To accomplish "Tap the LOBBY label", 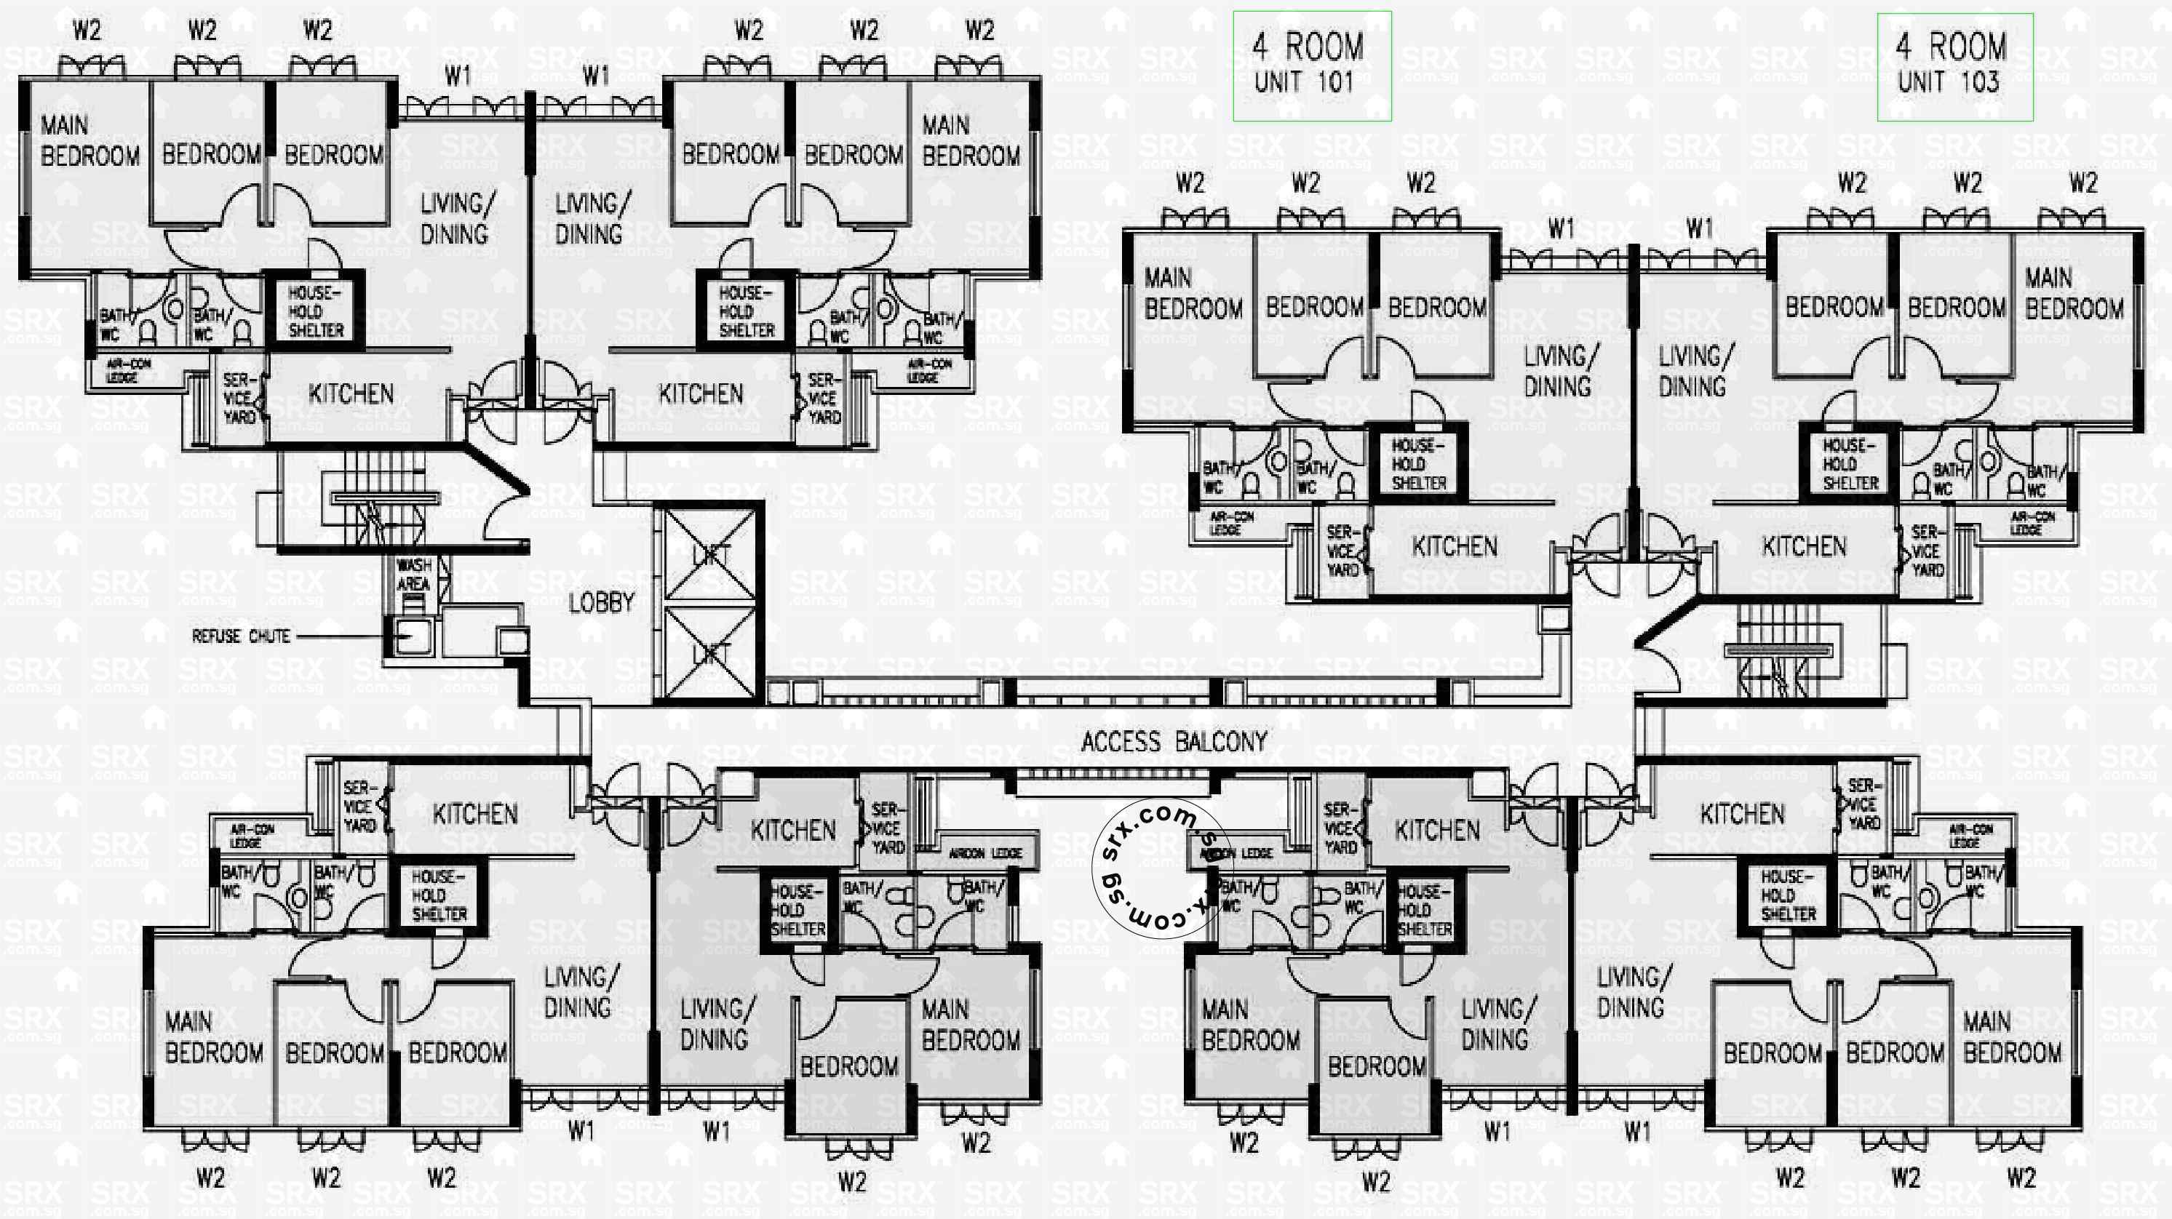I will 601,603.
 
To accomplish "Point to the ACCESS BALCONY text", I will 1174,742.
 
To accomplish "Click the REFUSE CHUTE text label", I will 241,636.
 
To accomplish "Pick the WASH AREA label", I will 414,574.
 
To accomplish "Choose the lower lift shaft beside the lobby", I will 710,653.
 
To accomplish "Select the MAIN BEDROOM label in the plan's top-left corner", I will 89,141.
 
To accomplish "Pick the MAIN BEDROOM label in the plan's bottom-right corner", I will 2012,1038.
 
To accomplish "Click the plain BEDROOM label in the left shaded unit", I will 848,1067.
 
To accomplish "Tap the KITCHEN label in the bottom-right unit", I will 1742,815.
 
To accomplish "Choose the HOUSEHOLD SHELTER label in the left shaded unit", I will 797,911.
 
